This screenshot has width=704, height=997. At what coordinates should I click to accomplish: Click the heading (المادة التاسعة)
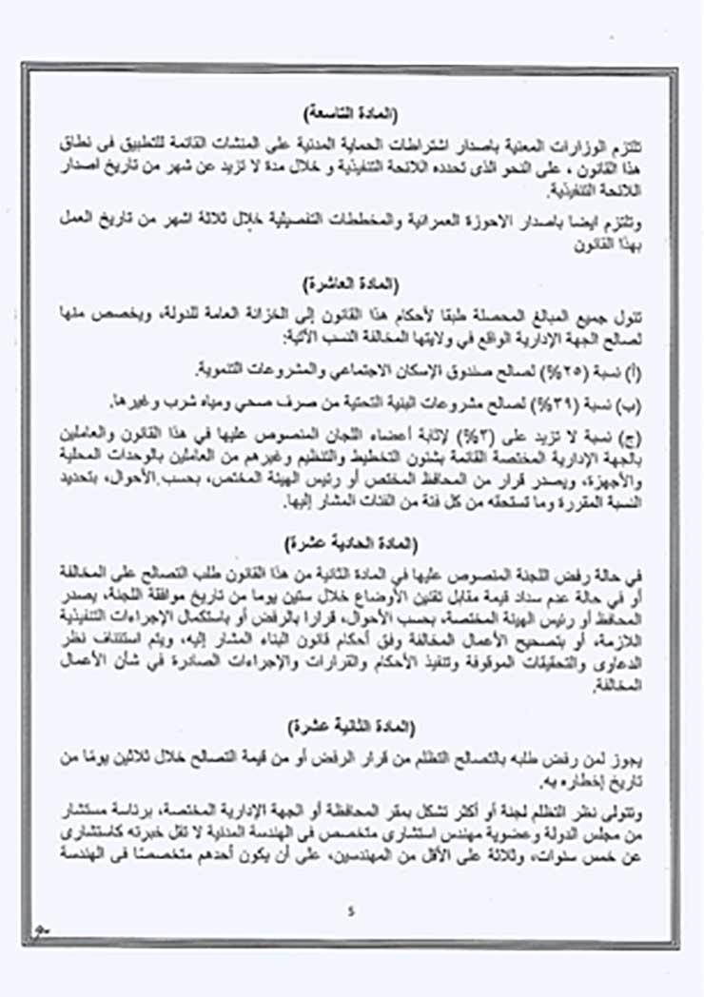click(351, 113)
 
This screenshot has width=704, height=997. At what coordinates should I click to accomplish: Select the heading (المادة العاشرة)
click(351, 284)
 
